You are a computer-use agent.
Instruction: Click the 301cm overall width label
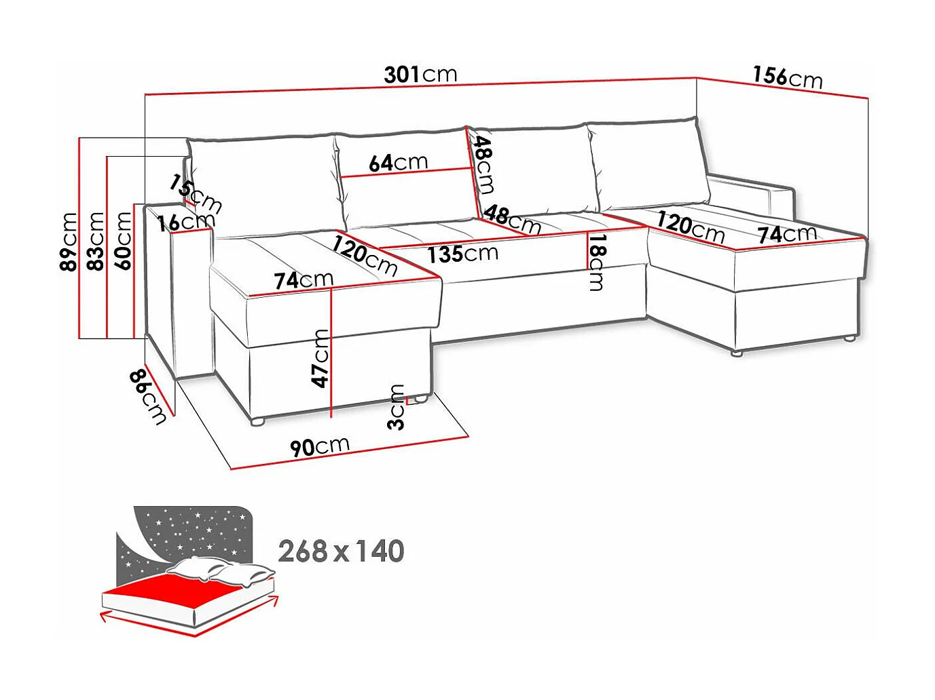pos(420,75)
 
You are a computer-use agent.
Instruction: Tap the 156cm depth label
pos(787,77)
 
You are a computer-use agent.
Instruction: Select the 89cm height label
pos(69,241)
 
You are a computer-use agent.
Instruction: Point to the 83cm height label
pos(95,241)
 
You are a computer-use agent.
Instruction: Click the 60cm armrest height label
pos(123,240)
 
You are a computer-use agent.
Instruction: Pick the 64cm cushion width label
pos(399,163)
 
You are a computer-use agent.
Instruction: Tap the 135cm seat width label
pos(463,254)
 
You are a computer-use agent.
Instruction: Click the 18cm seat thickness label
pos(596,262)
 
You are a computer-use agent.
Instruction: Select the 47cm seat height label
pos(320,359)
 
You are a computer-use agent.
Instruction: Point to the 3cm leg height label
pos(396,407)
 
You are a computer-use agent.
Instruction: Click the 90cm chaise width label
pos(320,446)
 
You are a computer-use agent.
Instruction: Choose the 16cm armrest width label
pos(186,221)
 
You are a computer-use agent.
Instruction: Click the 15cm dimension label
pos(196,194)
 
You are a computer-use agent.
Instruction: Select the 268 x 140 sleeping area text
pos(341,551)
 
